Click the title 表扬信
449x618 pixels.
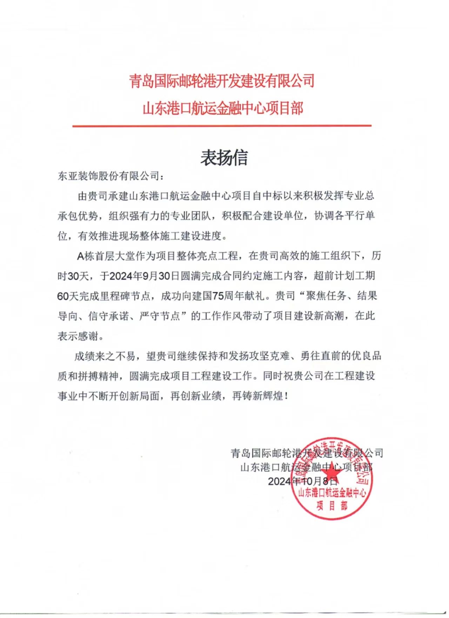[x=224, y=158]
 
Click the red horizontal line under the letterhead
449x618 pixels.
[x=222, y=125]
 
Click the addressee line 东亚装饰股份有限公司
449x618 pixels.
[x=108, y=176]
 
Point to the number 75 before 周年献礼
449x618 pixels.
[x=218, y=296]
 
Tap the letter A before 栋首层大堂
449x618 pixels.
[x=80, y=256]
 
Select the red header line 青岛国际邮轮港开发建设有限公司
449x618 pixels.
[x=222, y=81]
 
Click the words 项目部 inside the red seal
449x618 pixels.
[x=331, y=506]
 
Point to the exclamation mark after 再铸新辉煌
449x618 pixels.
[x=287, y=396]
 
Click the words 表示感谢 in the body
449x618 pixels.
[x=78, y=336]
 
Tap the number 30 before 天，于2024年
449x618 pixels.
[x=73, y=276]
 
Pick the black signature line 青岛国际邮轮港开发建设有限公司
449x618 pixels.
[x=307, y=453]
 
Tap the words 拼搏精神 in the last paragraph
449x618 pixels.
[x=98, y=376]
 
